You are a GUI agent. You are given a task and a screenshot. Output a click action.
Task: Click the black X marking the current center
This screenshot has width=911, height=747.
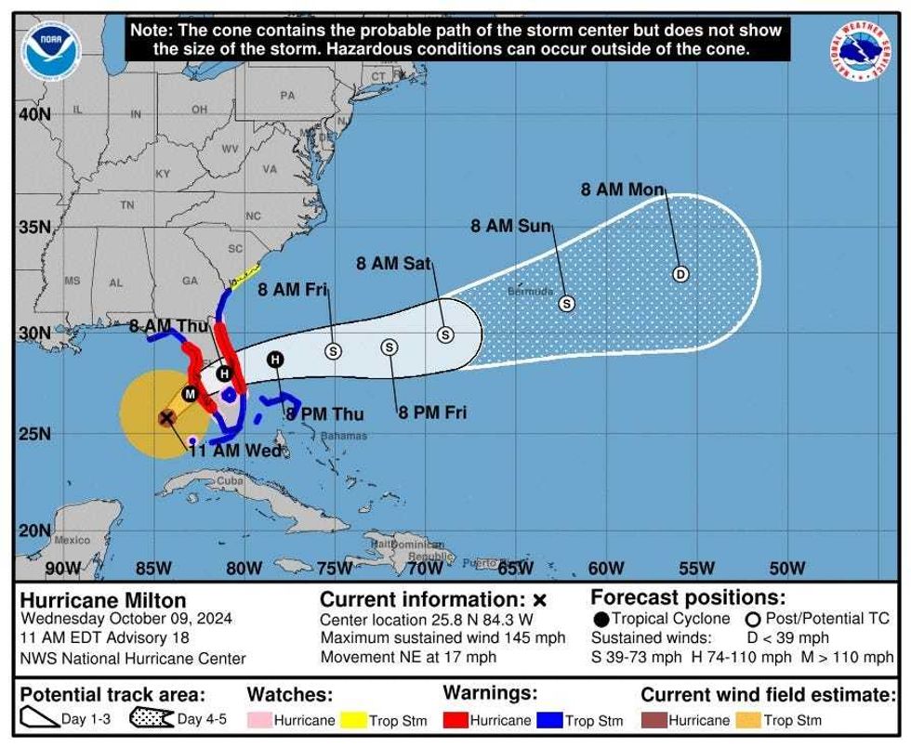[166, 418]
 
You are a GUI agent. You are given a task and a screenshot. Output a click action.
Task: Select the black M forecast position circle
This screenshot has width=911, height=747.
[190, 394]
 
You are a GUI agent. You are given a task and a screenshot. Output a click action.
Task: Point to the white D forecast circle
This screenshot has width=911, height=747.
[680, 274]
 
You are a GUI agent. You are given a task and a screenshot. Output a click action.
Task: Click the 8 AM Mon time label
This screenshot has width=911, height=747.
[623, 190]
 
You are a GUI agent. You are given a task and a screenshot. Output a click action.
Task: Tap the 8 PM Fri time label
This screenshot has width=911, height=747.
[432, 413]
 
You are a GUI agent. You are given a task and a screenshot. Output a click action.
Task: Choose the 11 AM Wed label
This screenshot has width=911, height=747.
[235, 451]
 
